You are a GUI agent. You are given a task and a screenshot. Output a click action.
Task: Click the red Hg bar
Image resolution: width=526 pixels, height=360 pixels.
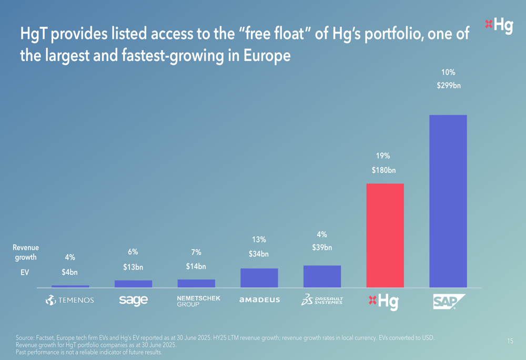[385, 235]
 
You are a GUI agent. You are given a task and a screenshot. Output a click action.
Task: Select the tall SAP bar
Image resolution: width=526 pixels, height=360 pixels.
[448, 201]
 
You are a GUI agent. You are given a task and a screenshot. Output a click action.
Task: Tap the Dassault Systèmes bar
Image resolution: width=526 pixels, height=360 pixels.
[322, 276]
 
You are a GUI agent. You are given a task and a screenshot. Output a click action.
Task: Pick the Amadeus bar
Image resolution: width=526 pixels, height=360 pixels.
[259, 278]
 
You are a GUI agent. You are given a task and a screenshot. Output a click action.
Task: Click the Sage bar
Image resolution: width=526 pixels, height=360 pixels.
[133, 284]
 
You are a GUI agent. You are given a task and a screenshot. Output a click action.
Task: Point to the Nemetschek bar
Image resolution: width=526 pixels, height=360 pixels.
[196, 283]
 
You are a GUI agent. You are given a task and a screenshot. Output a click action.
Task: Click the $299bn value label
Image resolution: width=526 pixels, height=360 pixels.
[448, 86]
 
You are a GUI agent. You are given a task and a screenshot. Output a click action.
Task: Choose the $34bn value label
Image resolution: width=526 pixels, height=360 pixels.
[259, 254]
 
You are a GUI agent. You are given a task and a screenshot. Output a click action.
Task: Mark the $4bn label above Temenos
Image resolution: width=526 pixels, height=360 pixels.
[69, 272]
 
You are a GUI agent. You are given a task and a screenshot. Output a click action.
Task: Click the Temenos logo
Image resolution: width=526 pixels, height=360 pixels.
[69, 300]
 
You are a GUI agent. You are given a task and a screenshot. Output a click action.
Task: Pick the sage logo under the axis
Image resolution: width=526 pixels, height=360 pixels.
[133, 300]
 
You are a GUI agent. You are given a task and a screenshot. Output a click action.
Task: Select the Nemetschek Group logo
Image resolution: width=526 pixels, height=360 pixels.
[198, 301]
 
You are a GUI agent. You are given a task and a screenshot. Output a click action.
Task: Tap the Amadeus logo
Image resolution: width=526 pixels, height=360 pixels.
[259, 300]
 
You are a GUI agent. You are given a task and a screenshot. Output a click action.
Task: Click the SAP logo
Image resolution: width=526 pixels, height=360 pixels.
[449, 301]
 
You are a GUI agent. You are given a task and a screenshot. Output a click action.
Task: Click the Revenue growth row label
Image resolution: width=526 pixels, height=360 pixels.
[26, 252]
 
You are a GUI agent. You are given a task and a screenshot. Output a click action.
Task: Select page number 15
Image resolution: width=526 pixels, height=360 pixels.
[510, 342]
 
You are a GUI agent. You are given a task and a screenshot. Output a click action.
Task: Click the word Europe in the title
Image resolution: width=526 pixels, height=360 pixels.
[267, 55]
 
